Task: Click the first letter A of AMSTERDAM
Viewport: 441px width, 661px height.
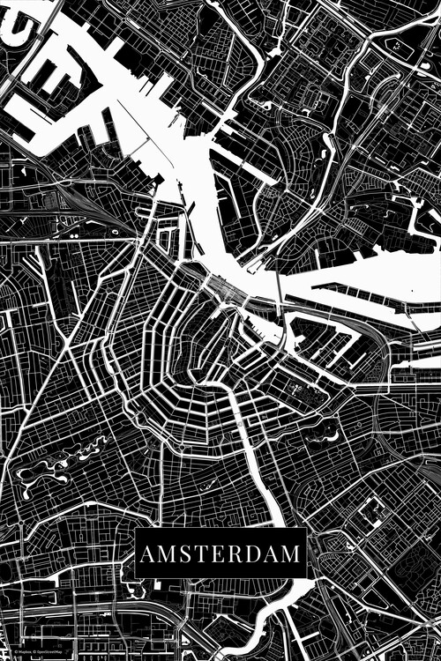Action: pos(146,554)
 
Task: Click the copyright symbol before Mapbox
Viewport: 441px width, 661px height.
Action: pos(15,654)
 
